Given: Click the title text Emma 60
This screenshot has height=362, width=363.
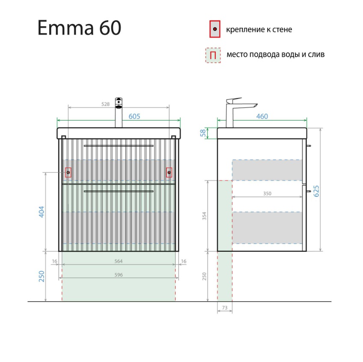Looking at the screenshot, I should coord(80,28).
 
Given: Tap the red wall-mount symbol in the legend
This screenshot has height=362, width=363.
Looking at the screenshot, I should coord(215,29).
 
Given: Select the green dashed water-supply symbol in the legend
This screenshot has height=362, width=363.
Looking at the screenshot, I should coord(213,55).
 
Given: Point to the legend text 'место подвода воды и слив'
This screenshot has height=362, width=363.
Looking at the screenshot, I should coord(275,54).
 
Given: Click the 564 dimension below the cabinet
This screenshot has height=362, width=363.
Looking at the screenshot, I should coord(119,261).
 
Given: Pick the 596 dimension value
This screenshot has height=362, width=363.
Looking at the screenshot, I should coord(119,275).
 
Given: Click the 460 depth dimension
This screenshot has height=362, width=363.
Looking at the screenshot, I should coord(262,116).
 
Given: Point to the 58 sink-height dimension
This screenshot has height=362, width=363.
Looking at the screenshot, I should coord(203,133).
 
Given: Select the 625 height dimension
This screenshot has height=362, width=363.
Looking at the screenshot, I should coord(317,190).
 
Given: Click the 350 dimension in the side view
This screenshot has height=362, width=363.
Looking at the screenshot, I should coord(267,193).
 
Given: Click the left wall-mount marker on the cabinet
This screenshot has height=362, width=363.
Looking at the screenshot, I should coord(68,173).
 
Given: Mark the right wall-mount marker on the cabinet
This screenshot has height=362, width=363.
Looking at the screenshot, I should coord(169,173).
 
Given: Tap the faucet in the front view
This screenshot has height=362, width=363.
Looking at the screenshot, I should coord(119,112).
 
